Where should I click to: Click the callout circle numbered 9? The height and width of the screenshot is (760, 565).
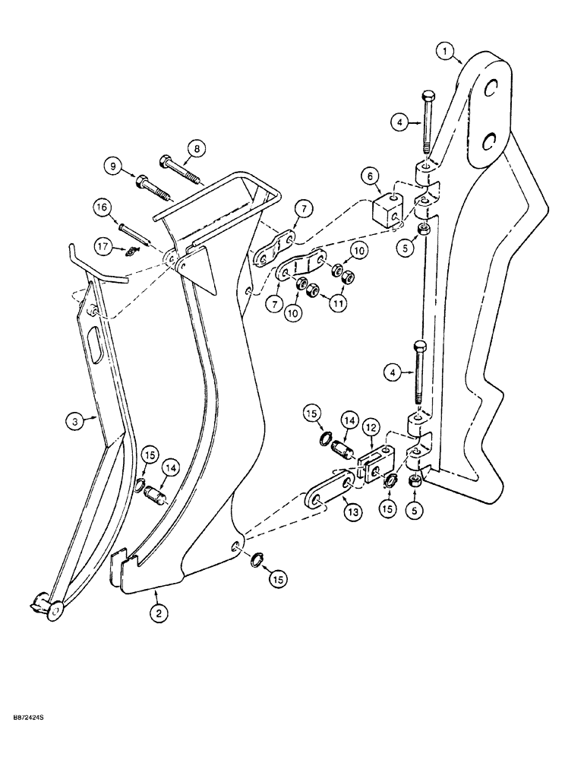point(112,166)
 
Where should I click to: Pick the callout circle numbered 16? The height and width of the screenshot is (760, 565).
point(103,206)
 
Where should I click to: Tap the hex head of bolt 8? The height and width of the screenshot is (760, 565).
point(167,161)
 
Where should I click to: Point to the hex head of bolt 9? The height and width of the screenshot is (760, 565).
point(141,182)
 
